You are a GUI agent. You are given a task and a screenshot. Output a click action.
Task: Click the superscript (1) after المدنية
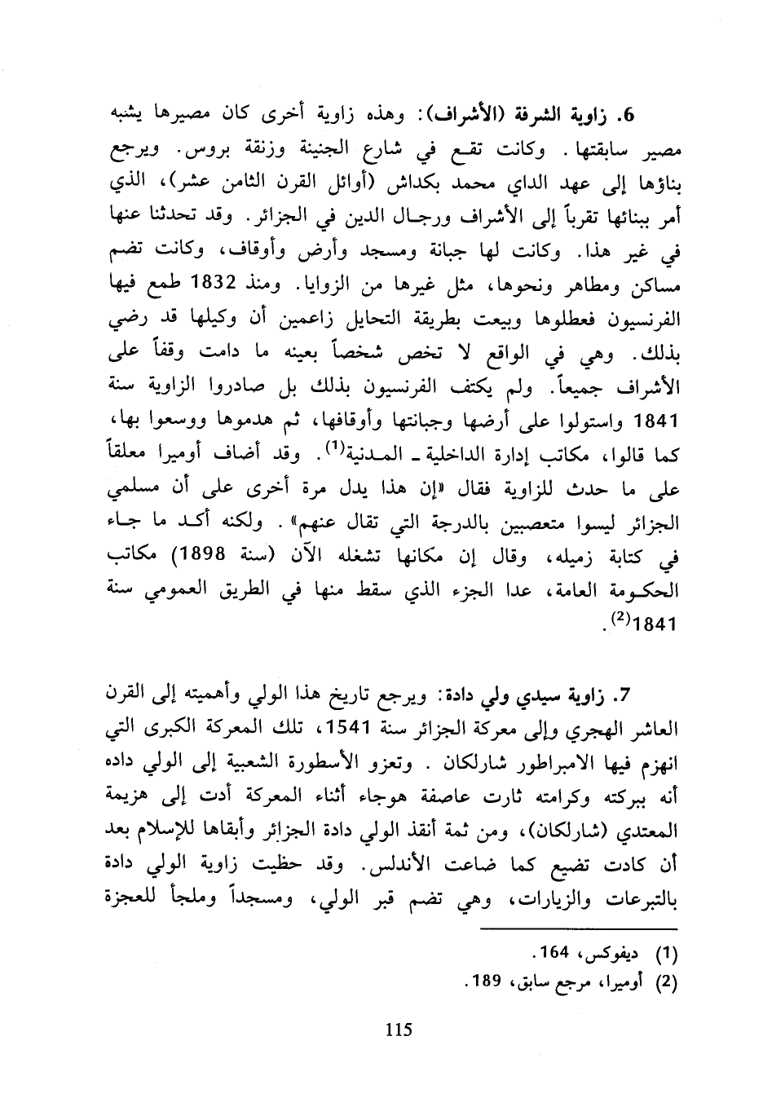[x=332, y=447]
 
